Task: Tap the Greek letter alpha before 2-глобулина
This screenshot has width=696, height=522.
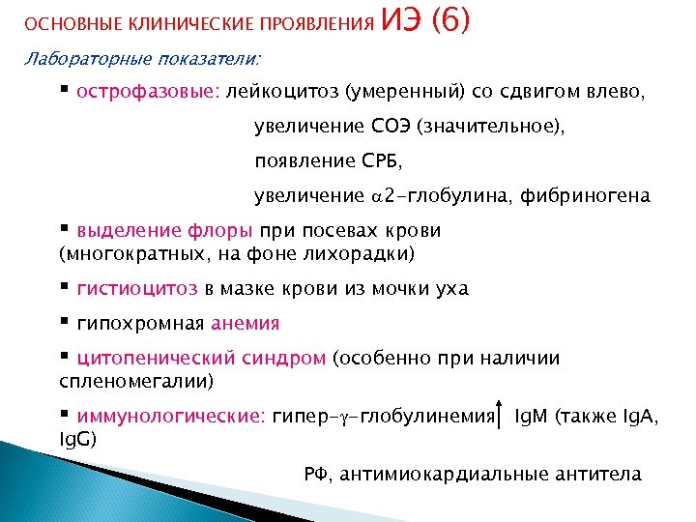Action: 377,197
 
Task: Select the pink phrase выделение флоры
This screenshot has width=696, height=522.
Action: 165,231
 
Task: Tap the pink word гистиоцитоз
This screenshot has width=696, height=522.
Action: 138,288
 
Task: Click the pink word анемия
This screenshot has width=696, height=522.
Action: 247,324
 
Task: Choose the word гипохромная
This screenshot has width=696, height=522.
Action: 142,324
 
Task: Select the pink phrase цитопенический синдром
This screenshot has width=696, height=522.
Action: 201,359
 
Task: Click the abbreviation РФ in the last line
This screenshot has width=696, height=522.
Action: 316,474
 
